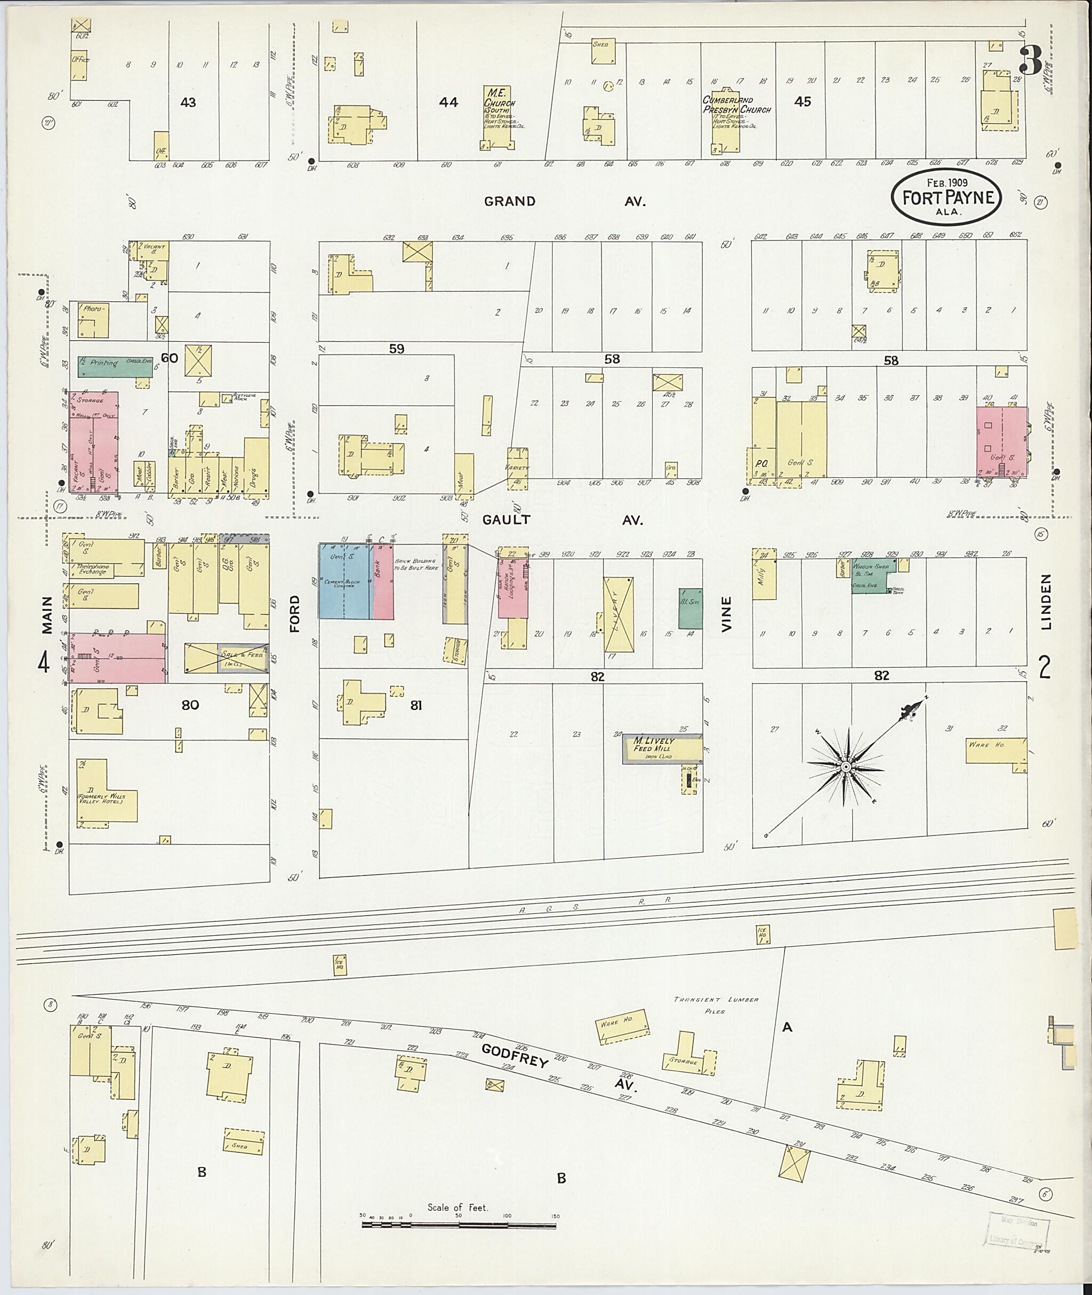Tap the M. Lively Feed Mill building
[661, 748]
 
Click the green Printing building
[115, 366]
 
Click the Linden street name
[1046, 602]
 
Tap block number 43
[188, 102]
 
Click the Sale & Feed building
[227, 658]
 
